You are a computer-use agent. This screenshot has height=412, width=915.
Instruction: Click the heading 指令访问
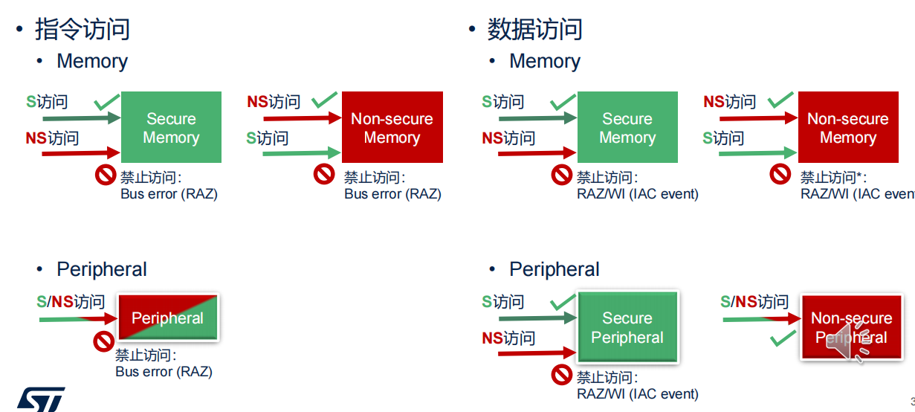pos(83,29)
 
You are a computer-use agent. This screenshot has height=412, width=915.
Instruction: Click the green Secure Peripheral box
pos(627,328)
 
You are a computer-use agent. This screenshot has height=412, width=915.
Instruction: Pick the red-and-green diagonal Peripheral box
pos(168,318)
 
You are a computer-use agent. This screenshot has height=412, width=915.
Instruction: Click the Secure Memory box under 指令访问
pos(171,127)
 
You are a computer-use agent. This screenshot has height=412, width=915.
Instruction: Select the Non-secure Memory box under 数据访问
pos(848,127)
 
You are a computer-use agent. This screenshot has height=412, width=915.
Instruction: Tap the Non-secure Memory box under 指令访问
pos(392,127)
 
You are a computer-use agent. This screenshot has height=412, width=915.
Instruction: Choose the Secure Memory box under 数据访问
pos(627,127)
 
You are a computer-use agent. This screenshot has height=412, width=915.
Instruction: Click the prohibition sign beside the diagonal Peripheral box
pos(103,342)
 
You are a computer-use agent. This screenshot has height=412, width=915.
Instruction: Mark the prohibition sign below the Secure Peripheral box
pos(562,374)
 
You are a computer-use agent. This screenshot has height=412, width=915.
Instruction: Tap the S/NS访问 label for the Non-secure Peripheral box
pos(754,301)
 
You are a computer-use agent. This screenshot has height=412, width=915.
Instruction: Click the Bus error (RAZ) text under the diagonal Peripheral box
pos(164,371)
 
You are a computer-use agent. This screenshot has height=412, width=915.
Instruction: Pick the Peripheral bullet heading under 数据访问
pos(554,269)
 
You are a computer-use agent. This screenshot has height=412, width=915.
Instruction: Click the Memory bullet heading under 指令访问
pos(92,61)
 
